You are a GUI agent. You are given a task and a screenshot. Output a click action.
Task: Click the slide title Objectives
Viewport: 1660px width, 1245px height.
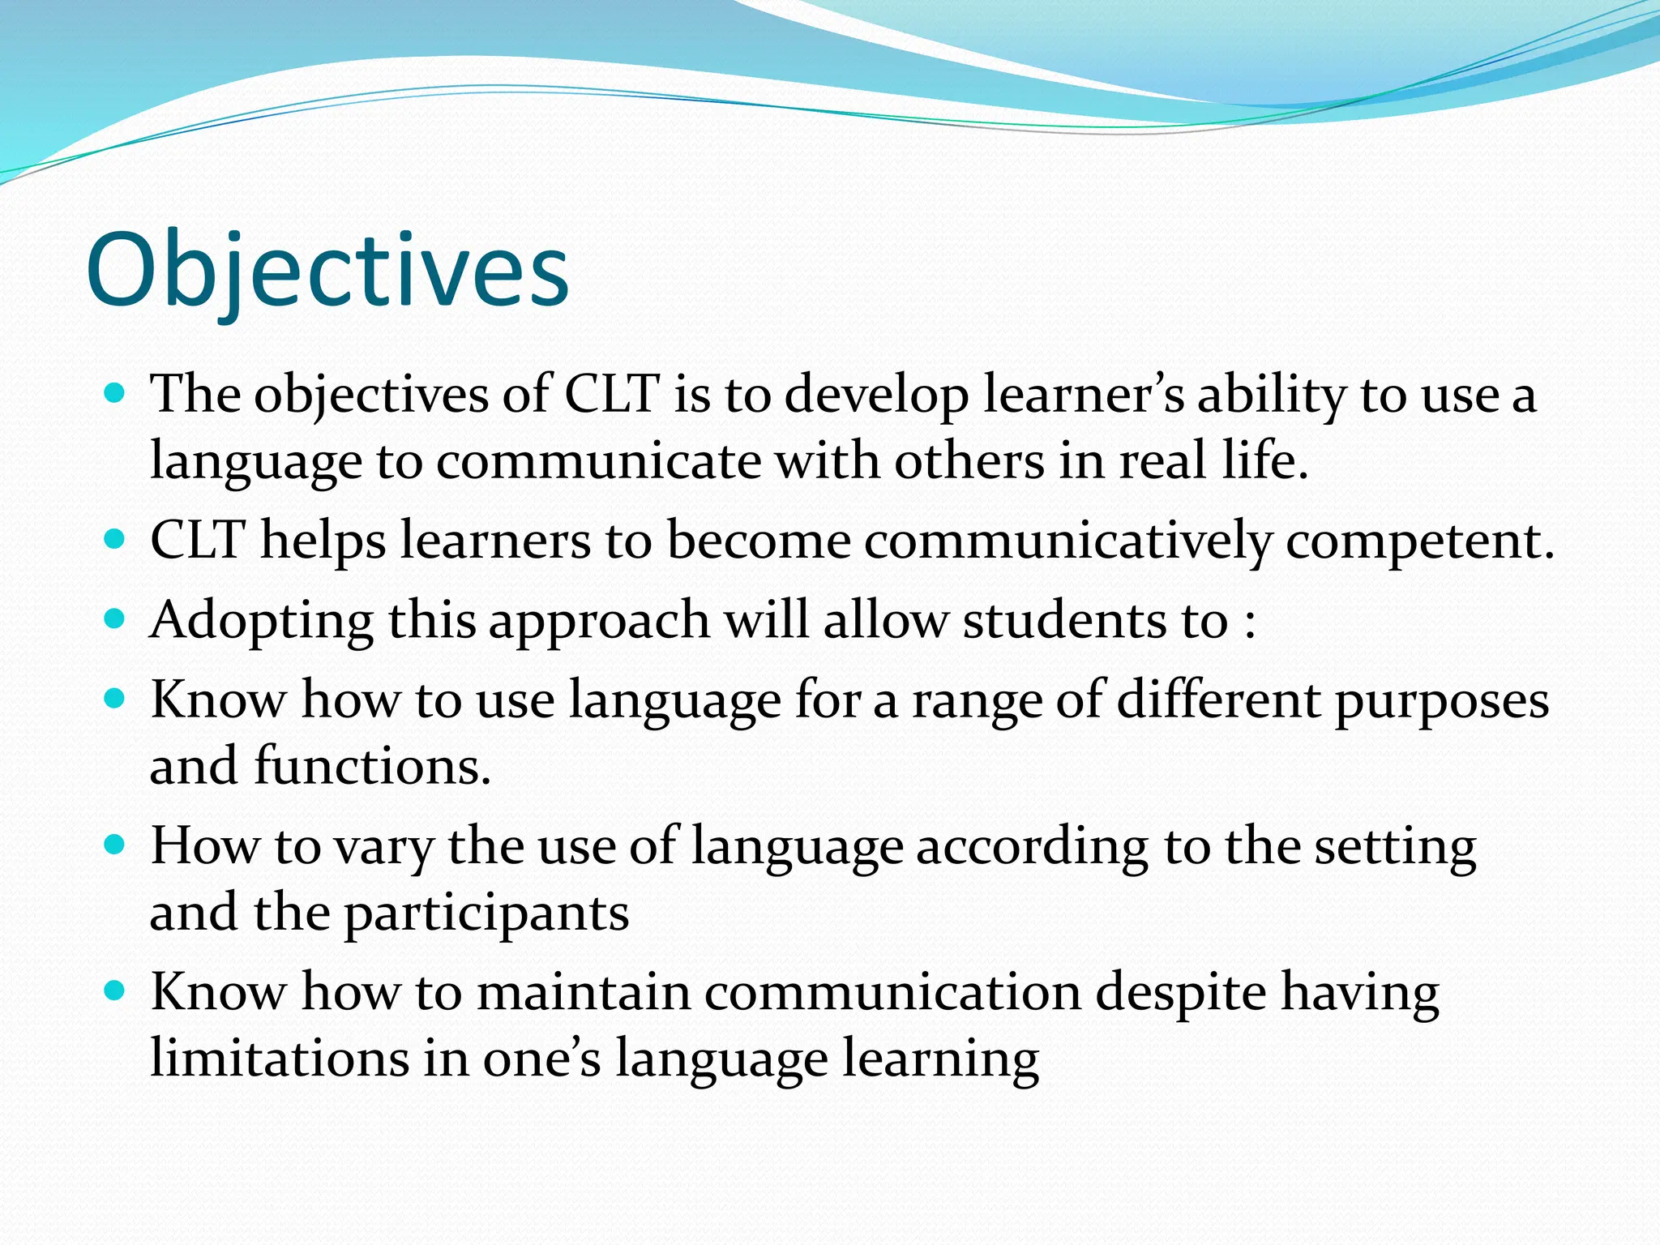point(327,271)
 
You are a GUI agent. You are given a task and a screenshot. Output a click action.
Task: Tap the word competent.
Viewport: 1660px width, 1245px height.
point(1419,541)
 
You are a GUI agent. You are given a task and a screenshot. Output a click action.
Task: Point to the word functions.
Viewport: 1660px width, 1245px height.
point(372,766)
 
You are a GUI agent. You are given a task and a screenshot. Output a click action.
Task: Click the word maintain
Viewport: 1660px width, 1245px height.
point(583,992)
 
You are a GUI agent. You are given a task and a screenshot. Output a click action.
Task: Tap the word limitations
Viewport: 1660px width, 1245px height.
point(280,1059)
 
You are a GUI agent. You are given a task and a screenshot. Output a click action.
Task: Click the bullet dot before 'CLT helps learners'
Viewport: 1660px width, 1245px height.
point(115,539)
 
